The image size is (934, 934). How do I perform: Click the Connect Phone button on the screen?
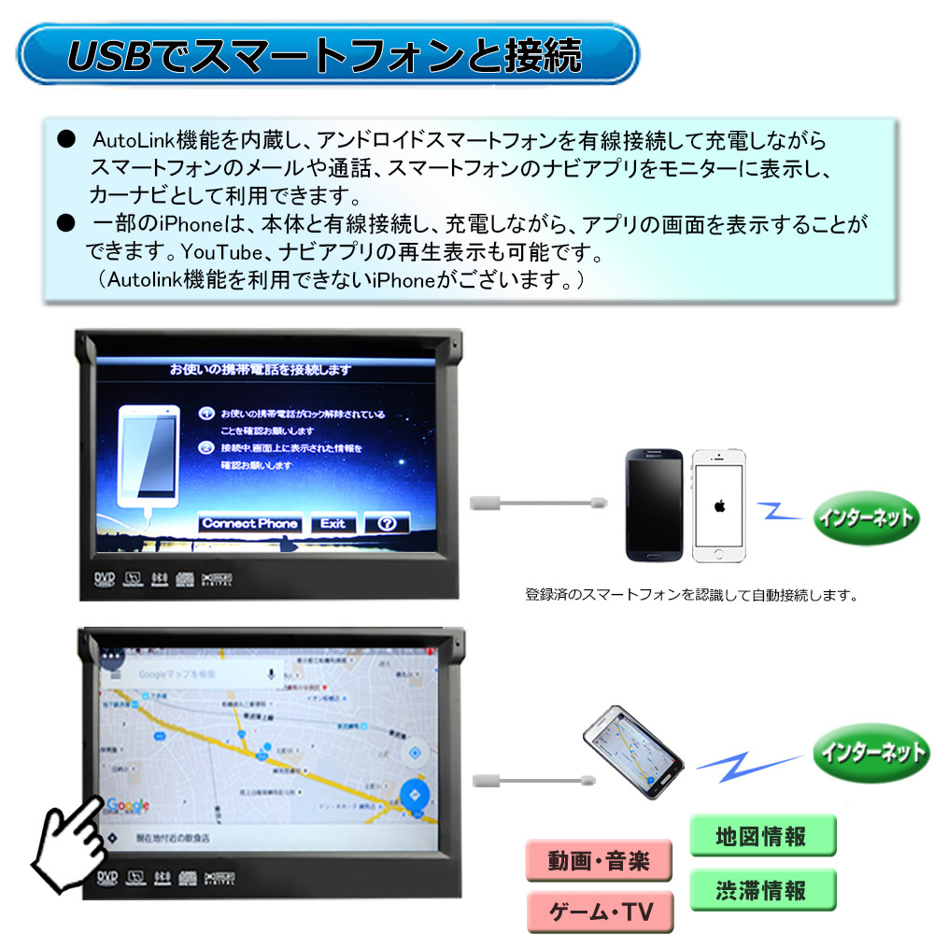tap(250, 524)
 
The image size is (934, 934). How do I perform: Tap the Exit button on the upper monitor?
tap(333, 524)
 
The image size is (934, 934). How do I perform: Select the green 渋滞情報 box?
tap(761, 890)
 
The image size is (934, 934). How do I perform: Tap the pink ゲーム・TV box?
tap(599, 912)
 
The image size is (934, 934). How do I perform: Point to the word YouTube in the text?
tap(217, 252)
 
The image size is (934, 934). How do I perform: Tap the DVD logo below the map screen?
tap(105, 877)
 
